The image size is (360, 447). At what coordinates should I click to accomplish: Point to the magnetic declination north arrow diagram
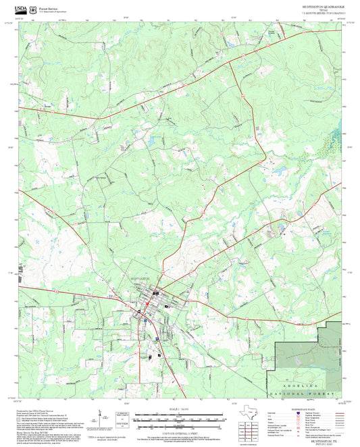(x=99, y=419)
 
